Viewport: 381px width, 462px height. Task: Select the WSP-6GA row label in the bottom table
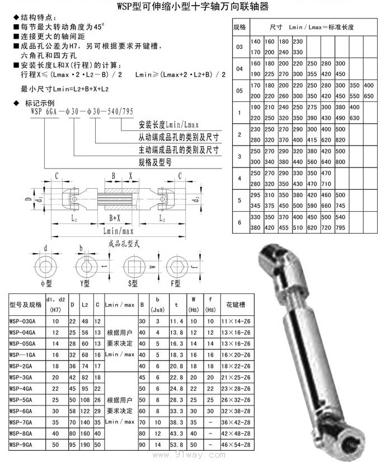pyautogui.click(x=22, y=410)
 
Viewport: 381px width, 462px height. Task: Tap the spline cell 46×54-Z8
pyautogui.click(x=236, y=444)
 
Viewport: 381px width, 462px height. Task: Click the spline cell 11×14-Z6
pyautogui.click(x=236, y=321)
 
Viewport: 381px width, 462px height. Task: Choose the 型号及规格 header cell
pyautogui.click(x=26, y=305)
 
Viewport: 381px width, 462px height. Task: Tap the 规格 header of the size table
pyautogui.click(x=239, y=26)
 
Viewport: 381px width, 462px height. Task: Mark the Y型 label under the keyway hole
pyautogui.click(x=85, y=283)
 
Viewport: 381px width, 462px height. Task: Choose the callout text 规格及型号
pyautogui.click(x=155, y=162)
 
